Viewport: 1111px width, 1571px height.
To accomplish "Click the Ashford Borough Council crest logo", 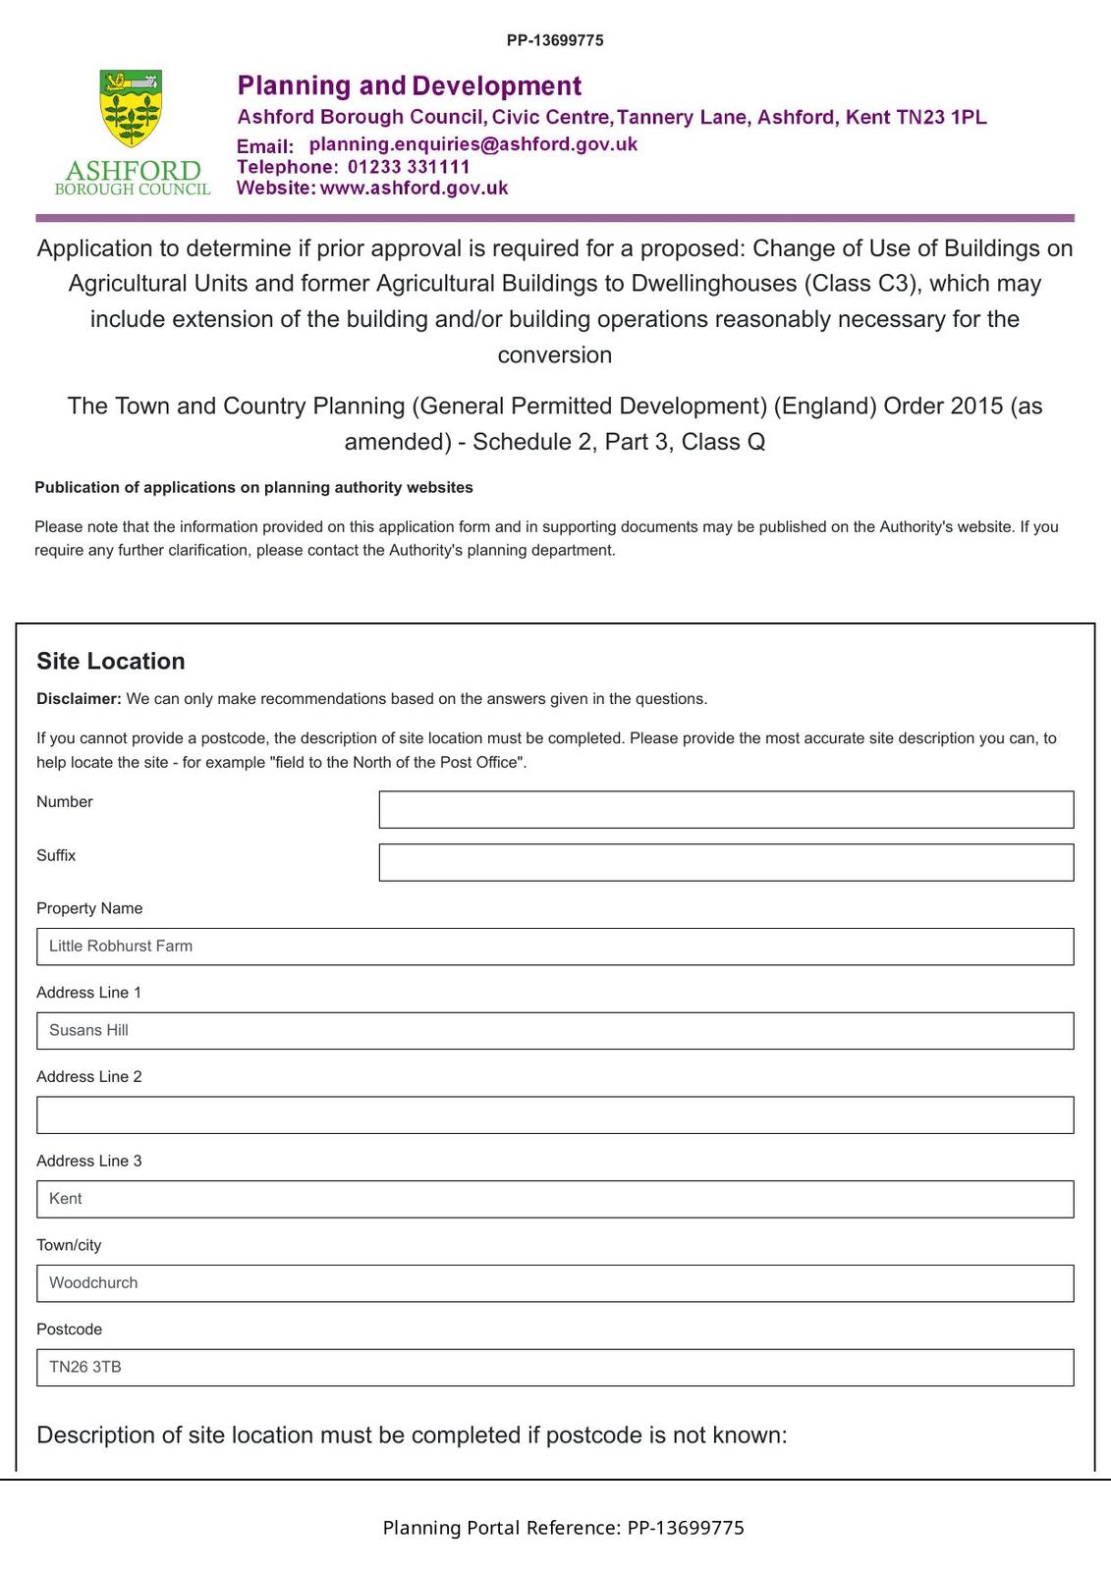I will tap(132, 110).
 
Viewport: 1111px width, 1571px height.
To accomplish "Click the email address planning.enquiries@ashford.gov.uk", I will tap(472, 144).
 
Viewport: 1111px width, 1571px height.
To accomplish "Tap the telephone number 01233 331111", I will tap(409, 167).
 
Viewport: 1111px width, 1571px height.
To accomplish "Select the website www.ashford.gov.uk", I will tap(414, 188).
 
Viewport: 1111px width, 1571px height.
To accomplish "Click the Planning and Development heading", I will tap(410, 86).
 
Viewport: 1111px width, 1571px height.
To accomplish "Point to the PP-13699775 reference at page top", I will tap(555, 40).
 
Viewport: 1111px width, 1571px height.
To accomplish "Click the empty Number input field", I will tap(726, 809).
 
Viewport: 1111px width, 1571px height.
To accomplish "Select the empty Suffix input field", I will tap(726, 862).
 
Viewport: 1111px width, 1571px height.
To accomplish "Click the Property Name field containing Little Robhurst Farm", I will tap(555, 947).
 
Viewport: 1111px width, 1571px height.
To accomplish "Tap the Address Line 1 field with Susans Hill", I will tap(555, 1031).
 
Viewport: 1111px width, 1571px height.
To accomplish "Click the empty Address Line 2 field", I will tap(555, 1115).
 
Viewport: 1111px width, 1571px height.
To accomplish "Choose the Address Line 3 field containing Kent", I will tap(555, 1199).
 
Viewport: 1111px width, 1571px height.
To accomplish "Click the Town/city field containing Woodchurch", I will tap(555, 1283).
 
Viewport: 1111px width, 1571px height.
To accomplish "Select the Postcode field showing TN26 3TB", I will tap(555, 1368).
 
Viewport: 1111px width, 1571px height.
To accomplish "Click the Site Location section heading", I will tap(111, 661).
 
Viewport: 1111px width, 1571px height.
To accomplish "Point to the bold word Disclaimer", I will tap(79, 699).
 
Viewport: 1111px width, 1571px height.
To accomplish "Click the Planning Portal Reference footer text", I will tap(563, 1528).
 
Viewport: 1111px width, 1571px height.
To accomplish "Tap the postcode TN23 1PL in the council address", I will tap(941, 117).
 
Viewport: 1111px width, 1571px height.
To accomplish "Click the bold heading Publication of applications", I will tap(253, 487).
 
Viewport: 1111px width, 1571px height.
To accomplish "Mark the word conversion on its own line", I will tap(555, 354).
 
